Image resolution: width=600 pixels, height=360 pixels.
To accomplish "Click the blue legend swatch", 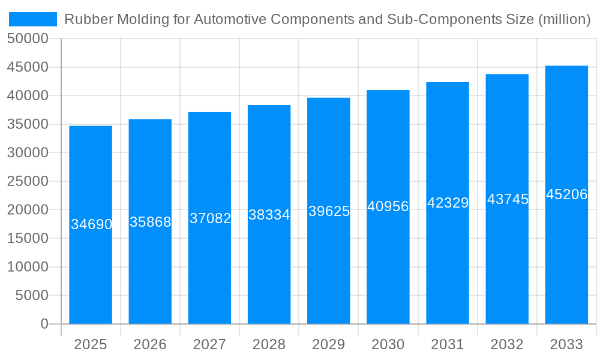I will pos(33,19).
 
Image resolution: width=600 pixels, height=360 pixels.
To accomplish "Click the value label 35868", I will pos(150,222).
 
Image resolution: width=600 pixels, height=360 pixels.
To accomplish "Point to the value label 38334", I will pos(269,215).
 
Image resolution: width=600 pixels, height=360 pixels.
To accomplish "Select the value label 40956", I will pos(388,206).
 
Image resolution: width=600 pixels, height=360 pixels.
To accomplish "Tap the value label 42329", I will pos(448,203).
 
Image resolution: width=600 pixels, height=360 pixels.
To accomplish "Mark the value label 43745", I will pos(507,199).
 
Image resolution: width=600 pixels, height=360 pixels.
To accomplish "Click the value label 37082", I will pos(210,218).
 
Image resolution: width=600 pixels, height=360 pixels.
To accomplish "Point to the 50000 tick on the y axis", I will pos(28,39).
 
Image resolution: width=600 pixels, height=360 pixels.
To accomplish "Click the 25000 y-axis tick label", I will pos(28,181).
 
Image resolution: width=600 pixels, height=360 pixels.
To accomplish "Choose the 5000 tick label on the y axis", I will pos(31,295).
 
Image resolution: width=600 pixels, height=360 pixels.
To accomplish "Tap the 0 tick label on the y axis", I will pos(44,324).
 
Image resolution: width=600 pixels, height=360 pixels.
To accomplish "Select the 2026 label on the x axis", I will pos(150,344).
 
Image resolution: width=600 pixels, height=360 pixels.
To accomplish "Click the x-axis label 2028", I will pos(269,344).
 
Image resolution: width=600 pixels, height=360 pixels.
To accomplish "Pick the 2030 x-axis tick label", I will pos(388,344).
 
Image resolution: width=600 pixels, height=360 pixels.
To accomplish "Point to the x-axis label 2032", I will pos(507,344).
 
